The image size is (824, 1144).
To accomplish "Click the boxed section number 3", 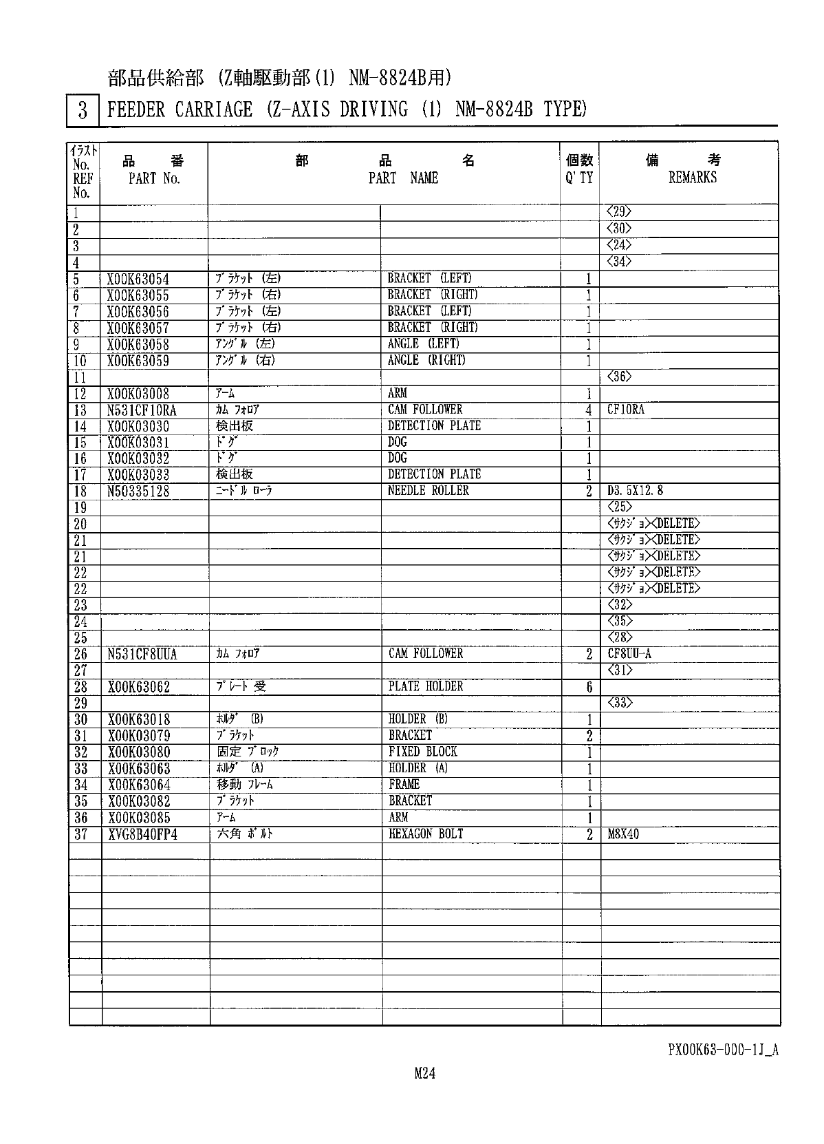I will tap(83, 110).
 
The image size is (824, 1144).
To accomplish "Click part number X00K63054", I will tap(138, 279).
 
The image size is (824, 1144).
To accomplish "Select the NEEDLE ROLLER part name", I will tap(428, 491).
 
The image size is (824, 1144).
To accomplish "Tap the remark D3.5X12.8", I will tap(635, 491).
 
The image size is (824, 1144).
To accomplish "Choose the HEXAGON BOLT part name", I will tap(426, 834).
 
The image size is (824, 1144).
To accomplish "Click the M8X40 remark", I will tap(623, 835).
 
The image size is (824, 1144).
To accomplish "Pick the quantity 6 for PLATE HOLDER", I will tap(589, 687).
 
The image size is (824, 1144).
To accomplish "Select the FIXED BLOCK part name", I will tap(422, 752).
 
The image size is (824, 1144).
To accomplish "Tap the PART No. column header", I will tap(154, 178).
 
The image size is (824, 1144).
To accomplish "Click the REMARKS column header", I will tap(693, 178).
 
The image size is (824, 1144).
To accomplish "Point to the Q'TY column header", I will tap(579, 178).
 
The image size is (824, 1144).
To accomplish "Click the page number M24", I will tap(425, 1072).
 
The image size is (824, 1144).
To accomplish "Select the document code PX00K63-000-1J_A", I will tap(723, 1050).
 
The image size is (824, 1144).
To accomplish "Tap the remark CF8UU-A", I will tap(629, 654).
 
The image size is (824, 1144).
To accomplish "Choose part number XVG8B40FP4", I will tap(142, 835).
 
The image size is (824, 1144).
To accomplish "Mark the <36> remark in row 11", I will tap(619, 377).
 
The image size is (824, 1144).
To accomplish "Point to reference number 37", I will tap(80, 834).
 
